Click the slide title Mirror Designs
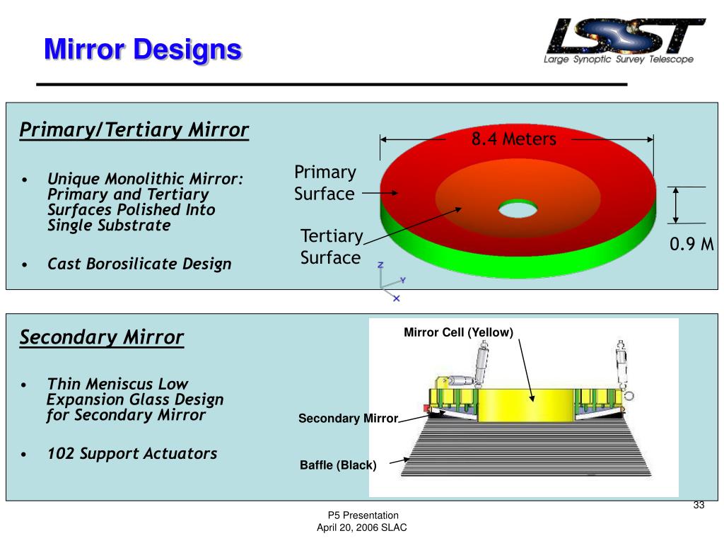point(142,50)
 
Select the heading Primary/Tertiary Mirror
point(134,130)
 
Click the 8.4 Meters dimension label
point(514,139)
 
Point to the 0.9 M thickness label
point(692,245)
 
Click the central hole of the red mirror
point(518,209)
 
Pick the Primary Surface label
point(325,183)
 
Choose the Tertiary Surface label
point(331,247)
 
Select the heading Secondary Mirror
point(102,337)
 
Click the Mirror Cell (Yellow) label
point(458,332)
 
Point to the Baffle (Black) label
point(338,465)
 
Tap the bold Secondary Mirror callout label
point(349,419)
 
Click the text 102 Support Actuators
point(132,454)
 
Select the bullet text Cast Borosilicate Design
point(139,264)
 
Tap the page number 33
point(699,505)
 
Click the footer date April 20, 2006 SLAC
point(362,528)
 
